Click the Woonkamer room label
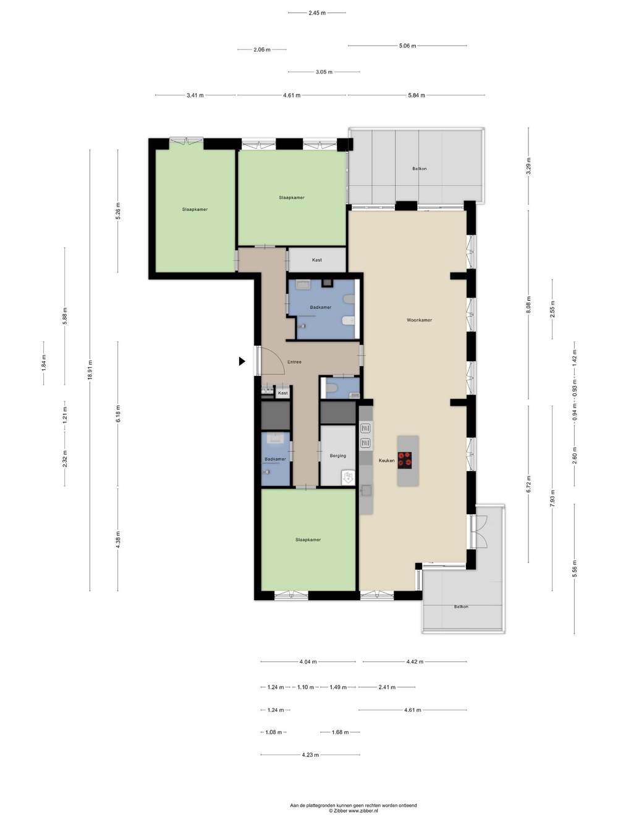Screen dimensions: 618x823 [x=419, y=320]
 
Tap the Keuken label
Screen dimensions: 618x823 [x=386, y=461]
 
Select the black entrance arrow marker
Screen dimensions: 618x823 [x=242, y=361]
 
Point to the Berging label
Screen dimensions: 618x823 [x=337, y=456]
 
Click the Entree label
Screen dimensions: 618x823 [x=294, y=362]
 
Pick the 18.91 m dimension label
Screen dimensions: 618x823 [x=90, y=370]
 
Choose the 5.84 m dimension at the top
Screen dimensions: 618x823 [x=417, y=95]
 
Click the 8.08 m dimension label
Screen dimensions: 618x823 [x=528, y=305]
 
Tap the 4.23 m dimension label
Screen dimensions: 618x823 [x=310, y=754]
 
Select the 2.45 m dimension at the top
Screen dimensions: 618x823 [x=317, y=13]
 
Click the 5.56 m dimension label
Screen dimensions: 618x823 [x=575, y=569]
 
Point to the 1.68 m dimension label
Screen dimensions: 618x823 [x=340, y=732]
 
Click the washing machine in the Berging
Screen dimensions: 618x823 [x=349, y=478]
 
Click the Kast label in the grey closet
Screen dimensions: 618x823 [x=316, y=260]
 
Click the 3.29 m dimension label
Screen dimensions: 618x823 [x=528, y=166]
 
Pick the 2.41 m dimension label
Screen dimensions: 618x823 [x=387, y=687]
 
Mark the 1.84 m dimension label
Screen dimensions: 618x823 [x=43, y=363]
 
